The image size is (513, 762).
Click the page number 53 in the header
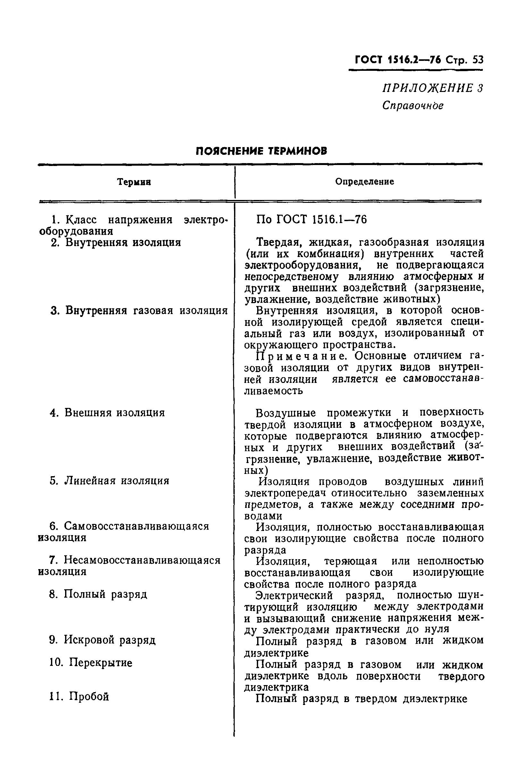point(477,61)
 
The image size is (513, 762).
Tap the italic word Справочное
point(413,106)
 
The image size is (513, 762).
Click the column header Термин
point(134,182)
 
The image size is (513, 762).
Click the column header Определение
point(365,182)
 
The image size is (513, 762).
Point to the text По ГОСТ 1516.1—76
point(311,220)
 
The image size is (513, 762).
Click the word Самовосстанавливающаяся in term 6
point(136,526)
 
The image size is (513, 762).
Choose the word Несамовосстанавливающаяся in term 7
point(142,561)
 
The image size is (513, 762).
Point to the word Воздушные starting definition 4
point(286,413)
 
